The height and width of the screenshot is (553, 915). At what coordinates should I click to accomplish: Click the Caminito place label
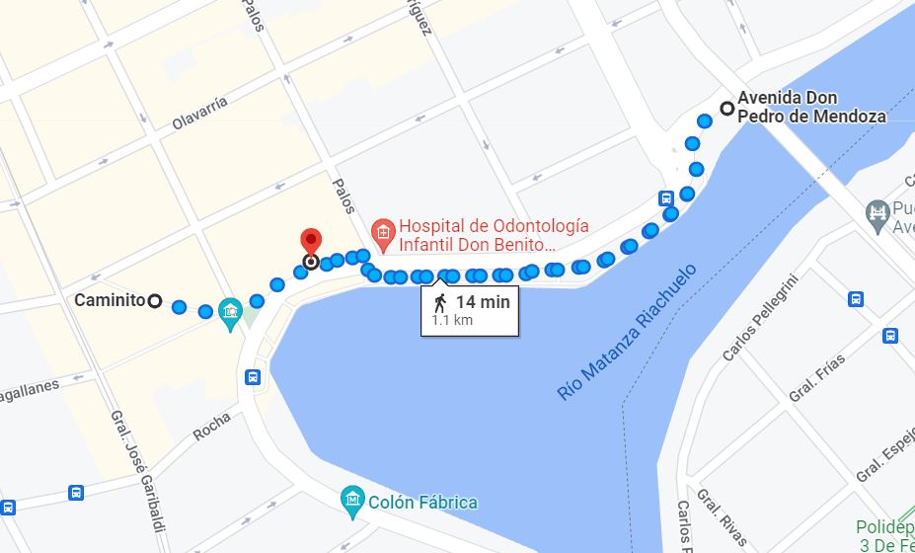click(110, 300)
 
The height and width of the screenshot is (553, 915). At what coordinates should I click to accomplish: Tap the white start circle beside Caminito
click(155, 300)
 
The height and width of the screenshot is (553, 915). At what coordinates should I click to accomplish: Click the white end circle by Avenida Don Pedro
click(727, 109)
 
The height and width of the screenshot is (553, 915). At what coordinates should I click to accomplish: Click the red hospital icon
click(382, 233)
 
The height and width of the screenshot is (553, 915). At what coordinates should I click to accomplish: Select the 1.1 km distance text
click(451, 320)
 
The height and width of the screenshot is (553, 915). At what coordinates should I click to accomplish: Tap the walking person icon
click(439, 302)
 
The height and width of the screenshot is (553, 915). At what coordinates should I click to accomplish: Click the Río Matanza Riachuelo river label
click(627, 331)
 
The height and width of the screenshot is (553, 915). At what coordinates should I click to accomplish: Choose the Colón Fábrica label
click(423, 502)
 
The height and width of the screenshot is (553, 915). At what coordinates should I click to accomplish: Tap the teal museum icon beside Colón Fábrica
click(352, 502)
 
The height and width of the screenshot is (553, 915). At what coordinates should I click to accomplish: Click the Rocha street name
click(211, 426)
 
